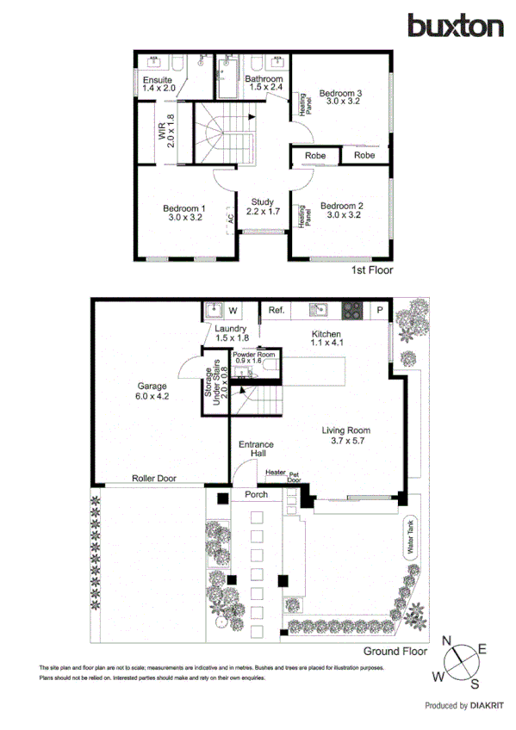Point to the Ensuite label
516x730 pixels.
[158, 84]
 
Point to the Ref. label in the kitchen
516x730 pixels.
[277, 310]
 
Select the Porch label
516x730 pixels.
[256, 495]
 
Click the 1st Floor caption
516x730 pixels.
[371, 270]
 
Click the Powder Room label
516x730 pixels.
[253, 356]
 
